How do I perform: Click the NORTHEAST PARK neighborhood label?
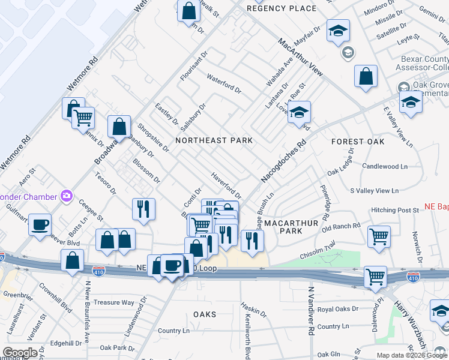(214, 140)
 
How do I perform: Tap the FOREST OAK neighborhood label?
(358, 142)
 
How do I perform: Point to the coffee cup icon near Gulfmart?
(40, 225)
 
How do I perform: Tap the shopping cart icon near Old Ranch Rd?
(379, 236)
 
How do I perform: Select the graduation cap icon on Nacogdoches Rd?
(298, 112)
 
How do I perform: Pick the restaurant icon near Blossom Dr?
(143, 209)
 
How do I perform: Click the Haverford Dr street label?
(226, 186)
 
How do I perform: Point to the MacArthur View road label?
(300, 57)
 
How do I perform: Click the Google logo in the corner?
(20, 353)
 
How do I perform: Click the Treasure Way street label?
(113, 302)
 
